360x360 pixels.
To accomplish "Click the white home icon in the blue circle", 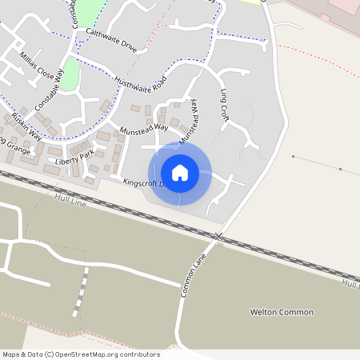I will coord(180,172).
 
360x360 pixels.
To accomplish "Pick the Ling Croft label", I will coord(224,105).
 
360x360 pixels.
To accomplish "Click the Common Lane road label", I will coord(194,277).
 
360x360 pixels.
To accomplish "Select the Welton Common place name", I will coord(282,312).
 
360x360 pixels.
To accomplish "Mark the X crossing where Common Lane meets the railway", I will coord(218,236).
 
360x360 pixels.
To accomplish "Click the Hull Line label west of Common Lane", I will coord(70,197).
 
